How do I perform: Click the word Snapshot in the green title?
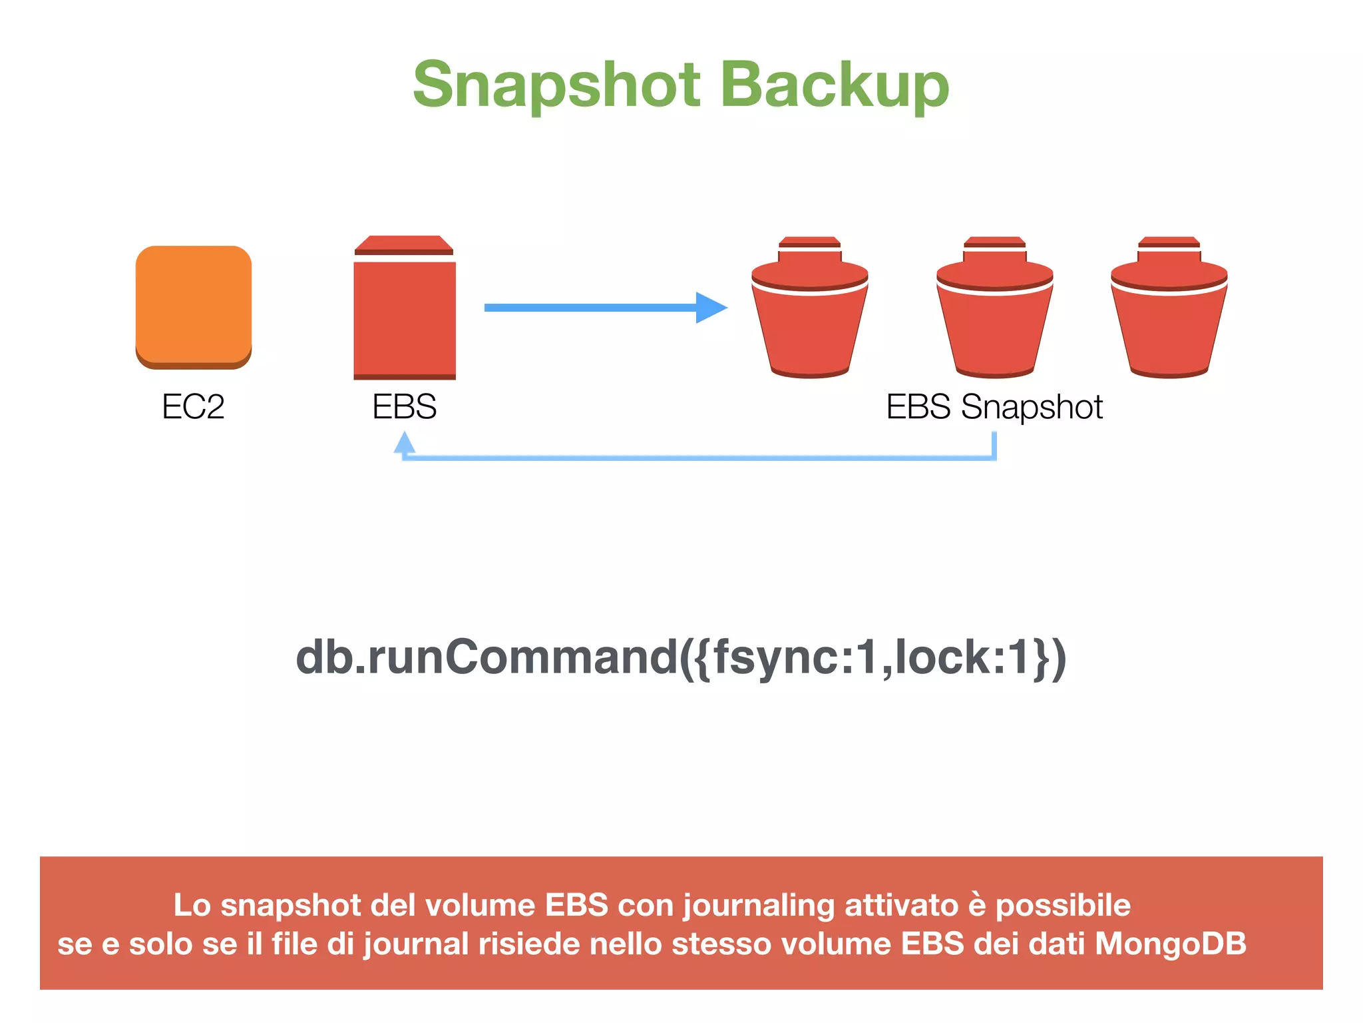(556, 85)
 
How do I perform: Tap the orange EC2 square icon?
(194, 306)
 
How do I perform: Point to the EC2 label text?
(193, 406)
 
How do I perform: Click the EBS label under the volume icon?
(404, 406)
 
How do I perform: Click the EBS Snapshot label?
(994, 406)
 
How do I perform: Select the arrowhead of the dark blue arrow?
(711, 308)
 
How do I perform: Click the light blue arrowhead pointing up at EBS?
(404, 443)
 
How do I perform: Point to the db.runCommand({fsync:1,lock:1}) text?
(680, 658)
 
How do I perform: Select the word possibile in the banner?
(1063, 905)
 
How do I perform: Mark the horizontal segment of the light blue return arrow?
(699, 458)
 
